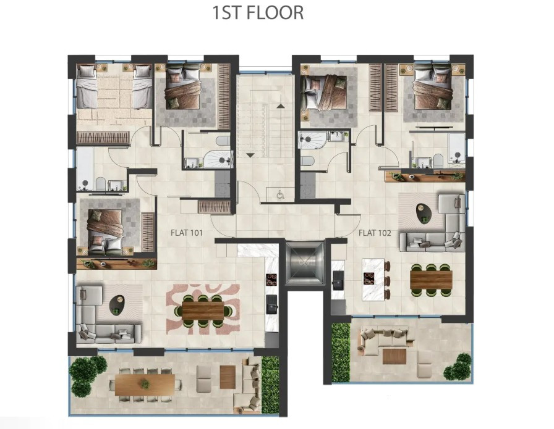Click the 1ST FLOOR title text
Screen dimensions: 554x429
coord(258,13)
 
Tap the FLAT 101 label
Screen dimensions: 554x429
coord(187,233)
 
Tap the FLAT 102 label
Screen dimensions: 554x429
coord(375,233)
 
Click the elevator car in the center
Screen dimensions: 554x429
coord(305,262)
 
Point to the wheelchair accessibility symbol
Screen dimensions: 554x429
coord(281,194)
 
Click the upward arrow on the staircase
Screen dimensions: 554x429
coord(281,106)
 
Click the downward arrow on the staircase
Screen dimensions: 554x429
coord(250,155)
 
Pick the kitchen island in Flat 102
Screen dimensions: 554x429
coord(373,280)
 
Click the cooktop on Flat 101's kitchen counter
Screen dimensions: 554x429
coord(271,280)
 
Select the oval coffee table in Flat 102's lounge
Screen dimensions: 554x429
coord(424,213)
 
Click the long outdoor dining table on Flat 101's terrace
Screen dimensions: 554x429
coord(145,385)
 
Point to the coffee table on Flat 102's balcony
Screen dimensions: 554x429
coord(394,356)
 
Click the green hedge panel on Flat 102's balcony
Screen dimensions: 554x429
coord(341,352)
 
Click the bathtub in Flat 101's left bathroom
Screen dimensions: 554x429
coord(85,169)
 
